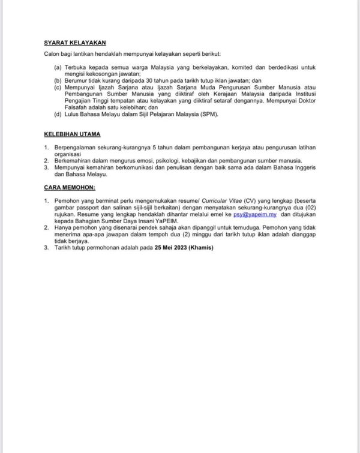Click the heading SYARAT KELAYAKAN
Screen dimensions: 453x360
[75, 43]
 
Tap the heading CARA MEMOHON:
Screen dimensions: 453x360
[70, 188]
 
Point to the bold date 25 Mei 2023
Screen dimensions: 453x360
[171, 248]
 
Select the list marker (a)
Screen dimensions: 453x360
[57, 68]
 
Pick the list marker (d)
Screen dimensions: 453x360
[57, 115]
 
